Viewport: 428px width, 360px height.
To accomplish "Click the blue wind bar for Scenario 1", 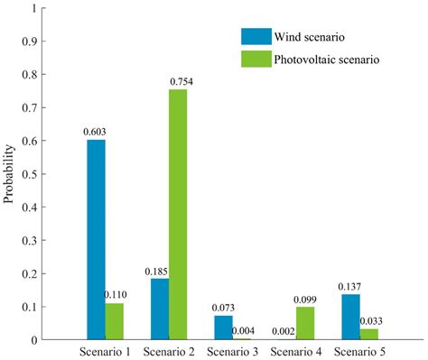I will [x=96, y=240].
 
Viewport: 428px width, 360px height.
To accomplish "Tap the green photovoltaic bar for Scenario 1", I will [x=115, y=321].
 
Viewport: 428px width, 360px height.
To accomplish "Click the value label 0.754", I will [x=180, y=82].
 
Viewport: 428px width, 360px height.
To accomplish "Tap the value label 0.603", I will [x=95, y=132].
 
